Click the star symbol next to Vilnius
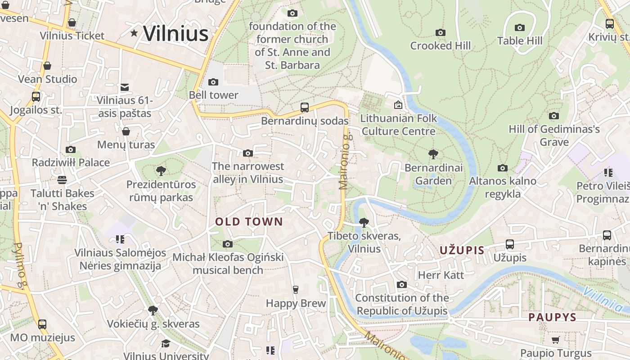pos(134,33)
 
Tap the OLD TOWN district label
pos(249,221)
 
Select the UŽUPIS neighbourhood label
pos(462,251)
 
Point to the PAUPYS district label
pos(552,317)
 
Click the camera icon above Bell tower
pos(213,82)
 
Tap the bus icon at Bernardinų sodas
pos(305,108)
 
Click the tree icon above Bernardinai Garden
pos(433,155)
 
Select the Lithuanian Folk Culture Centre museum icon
pos(398,105)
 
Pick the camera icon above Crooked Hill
pos(441,32)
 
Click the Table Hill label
pos(520,41)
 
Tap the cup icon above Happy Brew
pos(296,289)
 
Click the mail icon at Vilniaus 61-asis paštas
pos(125,87)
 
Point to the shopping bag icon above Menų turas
pos(126,131)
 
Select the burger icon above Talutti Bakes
pos(62,180)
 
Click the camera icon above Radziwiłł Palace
pos(71,149)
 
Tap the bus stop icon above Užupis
pos(510,244)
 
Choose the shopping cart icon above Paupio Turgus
pos(556,340)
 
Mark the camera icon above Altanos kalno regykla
pos(503,168)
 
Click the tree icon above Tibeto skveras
pos(364,222)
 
